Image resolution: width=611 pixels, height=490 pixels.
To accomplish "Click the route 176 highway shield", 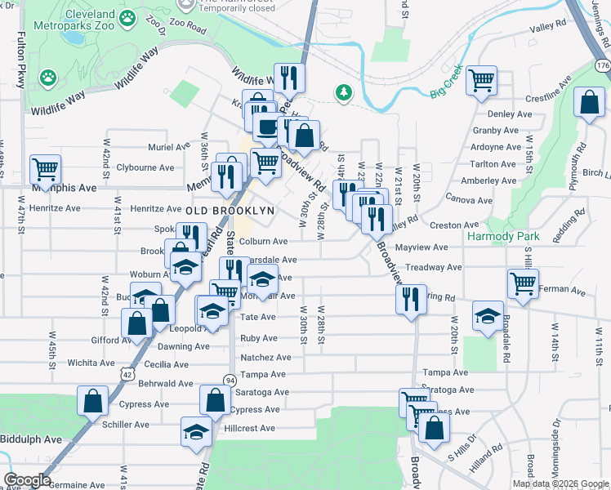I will click(x=603, y=65).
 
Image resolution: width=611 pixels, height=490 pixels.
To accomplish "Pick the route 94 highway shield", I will click(x=230, y=380).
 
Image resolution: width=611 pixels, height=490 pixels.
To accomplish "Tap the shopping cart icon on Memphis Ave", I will click(x=46, y=169).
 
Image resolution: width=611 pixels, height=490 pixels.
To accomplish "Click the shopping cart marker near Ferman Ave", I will click(x=523, y=283).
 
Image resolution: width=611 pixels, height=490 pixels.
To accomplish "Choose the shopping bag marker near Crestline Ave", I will click(x=589, y=103).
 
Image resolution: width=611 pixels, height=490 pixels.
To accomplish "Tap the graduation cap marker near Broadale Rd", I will click(x=488, y=316).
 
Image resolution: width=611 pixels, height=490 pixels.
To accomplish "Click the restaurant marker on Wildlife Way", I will click(x=288, y=78).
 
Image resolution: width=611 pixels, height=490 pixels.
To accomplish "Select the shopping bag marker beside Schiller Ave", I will click(x=93, y=400).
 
